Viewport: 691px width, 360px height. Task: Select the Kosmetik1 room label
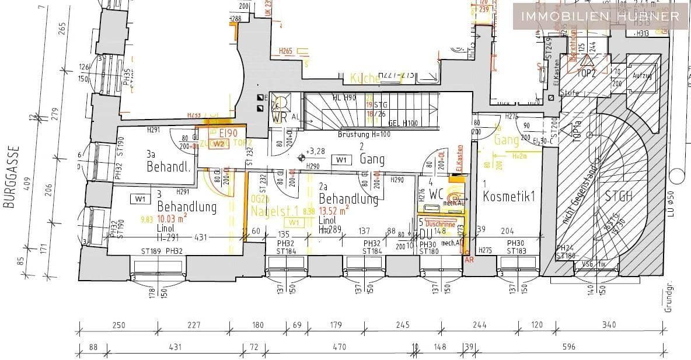click(509, 197)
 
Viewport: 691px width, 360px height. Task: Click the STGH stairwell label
click(618, 196)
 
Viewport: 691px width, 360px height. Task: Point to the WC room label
click(437, 194)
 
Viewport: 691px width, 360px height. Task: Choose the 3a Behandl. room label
click(168, 162)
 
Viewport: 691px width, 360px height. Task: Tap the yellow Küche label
click(365, 78)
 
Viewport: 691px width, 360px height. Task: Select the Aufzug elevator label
click(641, 76)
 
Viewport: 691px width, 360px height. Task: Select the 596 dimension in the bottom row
click(569, 347)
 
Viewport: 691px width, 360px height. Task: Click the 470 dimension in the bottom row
click(339, 347)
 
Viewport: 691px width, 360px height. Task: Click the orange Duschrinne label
click(440, 223)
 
